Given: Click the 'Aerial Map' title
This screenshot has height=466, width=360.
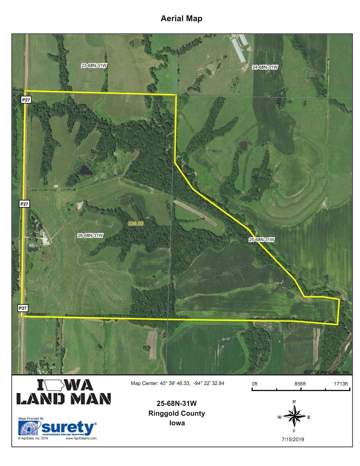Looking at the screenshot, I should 181,19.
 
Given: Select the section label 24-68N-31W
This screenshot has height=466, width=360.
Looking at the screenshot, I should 265,67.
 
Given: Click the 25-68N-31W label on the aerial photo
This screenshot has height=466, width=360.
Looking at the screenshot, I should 261,240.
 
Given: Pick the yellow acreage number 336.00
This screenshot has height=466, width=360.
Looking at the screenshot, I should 136,224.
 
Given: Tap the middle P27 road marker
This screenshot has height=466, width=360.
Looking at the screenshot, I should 24,204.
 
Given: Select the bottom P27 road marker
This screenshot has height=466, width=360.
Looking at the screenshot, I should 23,308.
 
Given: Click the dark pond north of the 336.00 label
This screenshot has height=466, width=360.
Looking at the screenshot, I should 85,170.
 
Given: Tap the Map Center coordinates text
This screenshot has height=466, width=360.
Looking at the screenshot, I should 178,383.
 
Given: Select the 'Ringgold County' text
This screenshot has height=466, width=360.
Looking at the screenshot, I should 177,413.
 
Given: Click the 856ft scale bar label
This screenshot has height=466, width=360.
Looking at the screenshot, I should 300,384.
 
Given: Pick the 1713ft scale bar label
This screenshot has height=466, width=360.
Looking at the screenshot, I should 341,384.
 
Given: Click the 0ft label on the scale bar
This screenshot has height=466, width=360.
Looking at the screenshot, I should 255,384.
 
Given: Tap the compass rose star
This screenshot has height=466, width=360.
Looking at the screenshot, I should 294,417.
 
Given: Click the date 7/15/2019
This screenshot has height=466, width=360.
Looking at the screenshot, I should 293,439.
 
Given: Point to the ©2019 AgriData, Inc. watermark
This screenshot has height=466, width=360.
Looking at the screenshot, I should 327,372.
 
